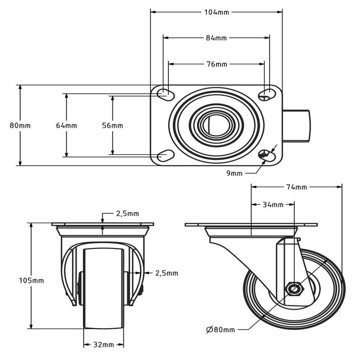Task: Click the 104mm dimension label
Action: click(x=217, y=12)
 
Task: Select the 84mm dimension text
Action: click(x=217, y=38)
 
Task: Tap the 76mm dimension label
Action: click(x=217, y=64)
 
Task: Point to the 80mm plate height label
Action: click(x=20, y=125)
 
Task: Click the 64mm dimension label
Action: click(x=66, y=125)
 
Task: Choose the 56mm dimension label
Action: click(x=113, y=125)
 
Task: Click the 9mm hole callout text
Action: click(x=234, y=173)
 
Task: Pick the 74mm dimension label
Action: click(x=296, y=187)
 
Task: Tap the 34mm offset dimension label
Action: click(x=273, y=205)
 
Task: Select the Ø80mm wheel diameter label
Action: click(x=221, y=330)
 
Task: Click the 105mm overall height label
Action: click(x=31, y=281)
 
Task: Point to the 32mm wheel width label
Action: click(x=103, y=345)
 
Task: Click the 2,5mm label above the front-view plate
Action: click(x=128, y=214)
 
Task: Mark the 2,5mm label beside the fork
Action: click(x=167, y=273)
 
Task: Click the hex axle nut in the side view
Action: click(x=295, y=289)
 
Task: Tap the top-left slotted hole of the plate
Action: click(x=166, y=94)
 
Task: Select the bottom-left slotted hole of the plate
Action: click(x=166, y=156)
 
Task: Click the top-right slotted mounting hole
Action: click(x=267, y=94)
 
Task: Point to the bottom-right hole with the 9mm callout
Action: click(x=267, y=156)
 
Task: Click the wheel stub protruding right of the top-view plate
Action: click(x=296, y=126)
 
